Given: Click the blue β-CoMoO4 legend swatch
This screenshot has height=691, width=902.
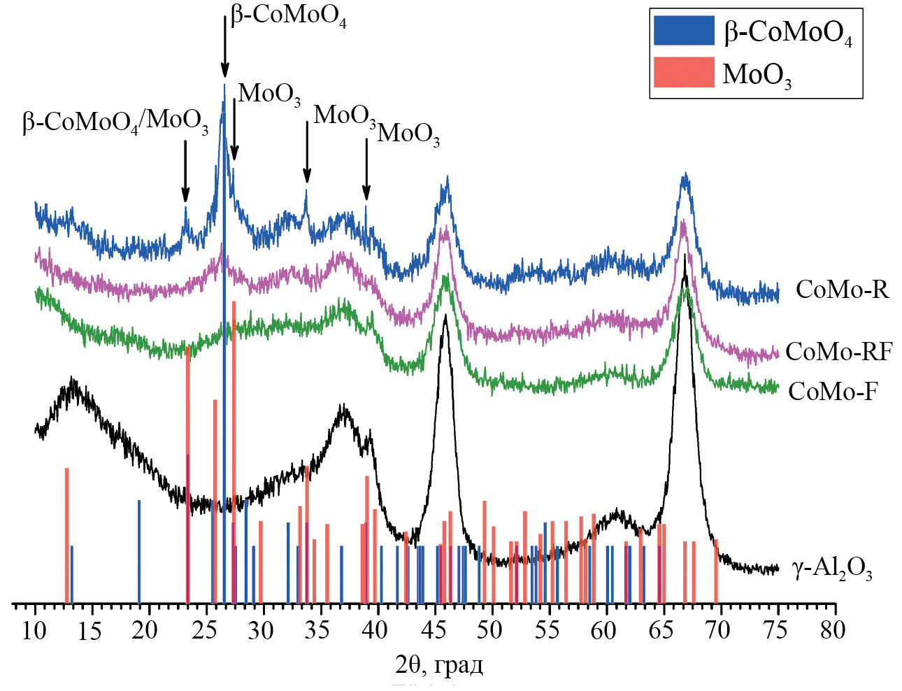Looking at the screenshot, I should [683, 31].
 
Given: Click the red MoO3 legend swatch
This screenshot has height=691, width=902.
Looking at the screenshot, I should [683, 72].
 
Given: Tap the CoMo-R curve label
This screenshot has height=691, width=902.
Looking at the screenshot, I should [842, 290].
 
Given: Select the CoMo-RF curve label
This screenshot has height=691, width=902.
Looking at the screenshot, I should [838, 351].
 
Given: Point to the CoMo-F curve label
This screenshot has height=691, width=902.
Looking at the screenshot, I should [832, 391].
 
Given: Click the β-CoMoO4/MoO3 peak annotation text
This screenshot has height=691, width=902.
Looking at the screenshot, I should [115, 122].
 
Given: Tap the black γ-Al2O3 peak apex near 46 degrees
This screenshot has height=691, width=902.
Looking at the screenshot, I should [445, 316].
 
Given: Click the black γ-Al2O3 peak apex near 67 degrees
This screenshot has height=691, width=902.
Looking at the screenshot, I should [685, 257].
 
